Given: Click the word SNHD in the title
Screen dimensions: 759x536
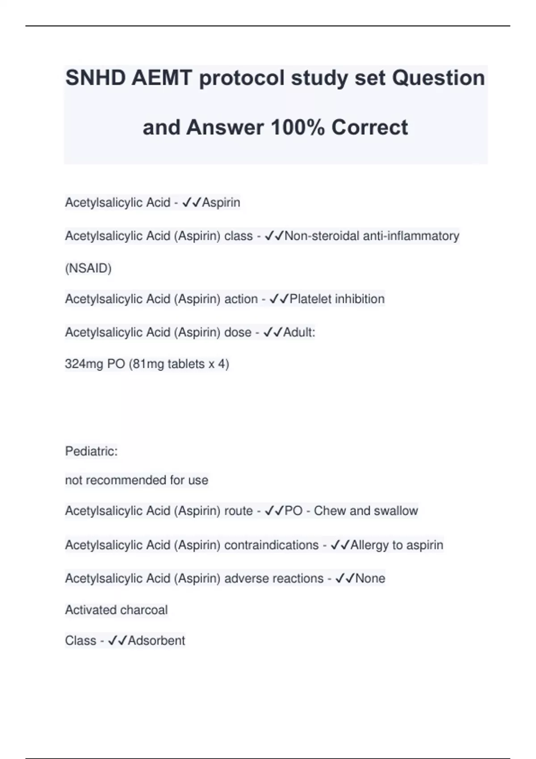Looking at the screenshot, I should coord(95,78).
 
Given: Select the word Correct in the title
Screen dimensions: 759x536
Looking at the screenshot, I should coord(369,128).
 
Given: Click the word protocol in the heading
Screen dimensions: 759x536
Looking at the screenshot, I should coord(242,78).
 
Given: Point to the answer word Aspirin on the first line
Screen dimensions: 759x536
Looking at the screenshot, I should coord(221,203).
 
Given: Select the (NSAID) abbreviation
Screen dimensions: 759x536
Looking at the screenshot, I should coord(88,268).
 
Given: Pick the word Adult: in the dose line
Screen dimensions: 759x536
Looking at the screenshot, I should coord(299,332).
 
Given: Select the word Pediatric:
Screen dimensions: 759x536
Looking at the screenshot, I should coord(91,451).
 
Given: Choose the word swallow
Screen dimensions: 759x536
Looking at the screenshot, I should coord(396,511).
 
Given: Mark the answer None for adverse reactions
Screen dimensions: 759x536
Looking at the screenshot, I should coord(370,579).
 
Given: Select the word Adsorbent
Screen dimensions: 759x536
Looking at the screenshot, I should coord(156,641).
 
